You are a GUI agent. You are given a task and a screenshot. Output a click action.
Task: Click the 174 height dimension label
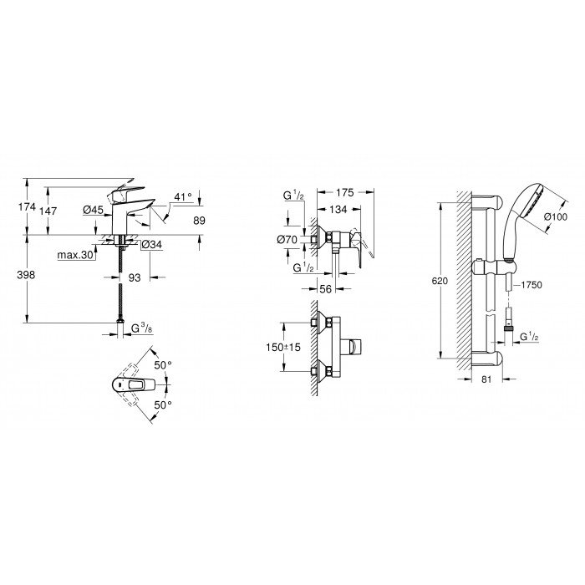click(x=28, y=206)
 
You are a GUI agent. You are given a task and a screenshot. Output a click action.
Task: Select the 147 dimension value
click(x=48, y=211)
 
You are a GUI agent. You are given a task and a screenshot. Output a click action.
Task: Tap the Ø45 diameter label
click(x=94, y=211)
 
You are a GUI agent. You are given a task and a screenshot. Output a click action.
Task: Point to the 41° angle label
click(x=183, y=196)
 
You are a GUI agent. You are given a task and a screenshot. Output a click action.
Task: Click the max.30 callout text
click(x=75, y=255)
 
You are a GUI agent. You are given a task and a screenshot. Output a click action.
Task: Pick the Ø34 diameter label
click(x=151, y=245)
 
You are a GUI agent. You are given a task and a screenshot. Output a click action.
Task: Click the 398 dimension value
click(x=26, y=275)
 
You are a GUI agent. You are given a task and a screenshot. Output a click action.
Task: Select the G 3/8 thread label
click(x=142, y=328)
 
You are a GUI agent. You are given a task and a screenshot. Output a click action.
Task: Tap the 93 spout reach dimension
click(x=135, y=277)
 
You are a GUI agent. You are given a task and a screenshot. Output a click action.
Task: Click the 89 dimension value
click(x=199, y=221)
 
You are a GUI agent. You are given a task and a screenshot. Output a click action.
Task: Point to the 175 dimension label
click(x=344, y=192)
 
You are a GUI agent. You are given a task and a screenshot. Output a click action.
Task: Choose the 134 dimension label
click(x=338, y=210)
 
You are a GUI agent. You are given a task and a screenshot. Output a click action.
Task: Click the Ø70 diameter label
click(x=287, y=239)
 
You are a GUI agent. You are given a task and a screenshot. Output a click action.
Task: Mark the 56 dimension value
click(x=326, y=289)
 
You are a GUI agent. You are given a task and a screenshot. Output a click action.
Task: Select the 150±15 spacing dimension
click(x=283, y=347)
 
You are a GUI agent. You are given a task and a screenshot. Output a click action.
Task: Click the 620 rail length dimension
click(x=440, y=281)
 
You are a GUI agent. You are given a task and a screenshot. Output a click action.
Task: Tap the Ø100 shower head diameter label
click(x=556, y=216)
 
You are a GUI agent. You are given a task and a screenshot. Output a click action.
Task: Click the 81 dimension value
click(x=486, y=379)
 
